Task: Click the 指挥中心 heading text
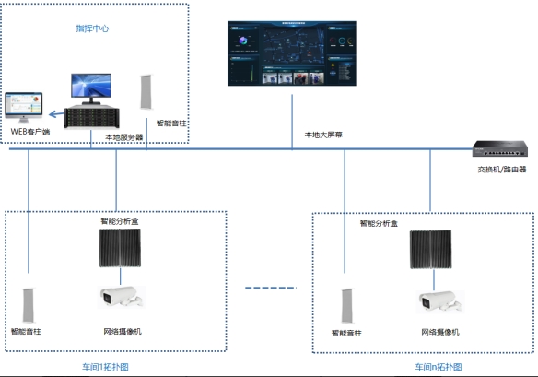pyautogui.click(x=92, y=29)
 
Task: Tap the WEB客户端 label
pyautogui.click(x=29, y=131)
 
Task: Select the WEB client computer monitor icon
pyautogui.click(x=28, y=108)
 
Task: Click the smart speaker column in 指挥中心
pyautogui.click(x=146, y=92)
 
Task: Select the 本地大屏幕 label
pyautogui.click(x=322, y=134)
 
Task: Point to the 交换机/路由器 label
pyautogui.click(x=501, y=169)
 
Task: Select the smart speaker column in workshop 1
pyautogui.click(x=28, y=300)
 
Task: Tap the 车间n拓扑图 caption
pyautogui.click(x=439, y=368)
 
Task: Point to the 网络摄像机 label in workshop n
pyautogui.click(x=439, y=331)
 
